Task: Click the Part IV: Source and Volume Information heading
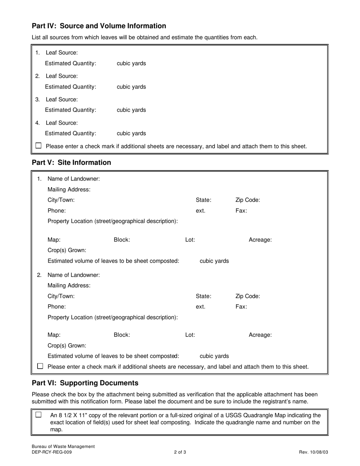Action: (99, 26)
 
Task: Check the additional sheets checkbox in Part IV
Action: (38, 145)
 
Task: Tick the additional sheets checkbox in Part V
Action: (40, 366)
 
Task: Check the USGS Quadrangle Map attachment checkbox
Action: (38, 414)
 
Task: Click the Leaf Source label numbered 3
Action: (61, 99)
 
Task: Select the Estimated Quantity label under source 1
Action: (70, 63)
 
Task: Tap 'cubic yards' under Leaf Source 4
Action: (131, 133)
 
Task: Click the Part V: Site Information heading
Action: (71, 163)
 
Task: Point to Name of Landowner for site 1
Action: (74, 178)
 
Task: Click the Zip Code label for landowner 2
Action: (247, 296)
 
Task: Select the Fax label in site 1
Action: (241, 211)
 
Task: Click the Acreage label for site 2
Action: (260, 335)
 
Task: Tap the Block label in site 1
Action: (122, 240)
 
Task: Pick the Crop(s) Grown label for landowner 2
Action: (67, 346)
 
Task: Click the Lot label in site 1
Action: (190, 240)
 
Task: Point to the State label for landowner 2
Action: (203, 296)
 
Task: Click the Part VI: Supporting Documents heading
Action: (85, 383)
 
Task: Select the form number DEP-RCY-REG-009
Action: (52, 452)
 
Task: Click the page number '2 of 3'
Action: (180, 452)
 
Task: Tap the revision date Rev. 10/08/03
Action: (313, 452)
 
